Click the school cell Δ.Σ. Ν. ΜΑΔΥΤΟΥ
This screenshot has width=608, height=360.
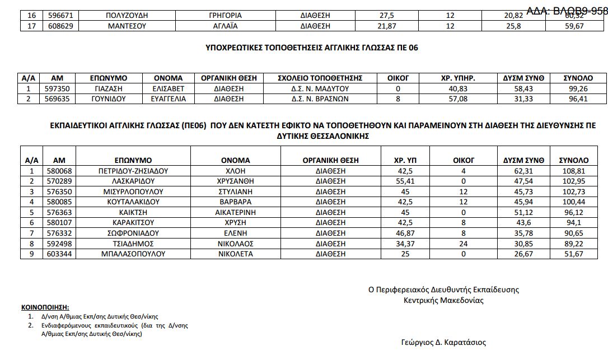pyautogui.click(x=320, y=88)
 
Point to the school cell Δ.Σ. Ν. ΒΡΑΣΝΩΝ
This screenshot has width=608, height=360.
pyautogui.click(x=320, y=99)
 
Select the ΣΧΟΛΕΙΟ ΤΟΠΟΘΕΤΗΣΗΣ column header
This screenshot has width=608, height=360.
pyautogui.click(x=320, y=78)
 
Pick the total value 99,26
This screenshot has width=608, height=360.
pyautogui.click(x=578, y=88)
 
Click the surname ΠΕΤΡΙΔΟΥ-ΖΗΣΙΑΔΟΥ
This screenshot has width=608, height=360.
pyautogui.click(x=133, y=171)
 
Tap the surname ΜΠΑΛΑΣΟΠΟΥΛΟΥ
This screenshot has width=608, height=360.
pyautogui.click(x=133, y=254)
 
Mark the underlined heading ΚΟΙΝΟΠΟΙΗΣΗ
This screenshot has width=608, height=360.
pyautogui.click(x=45, y=308)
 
